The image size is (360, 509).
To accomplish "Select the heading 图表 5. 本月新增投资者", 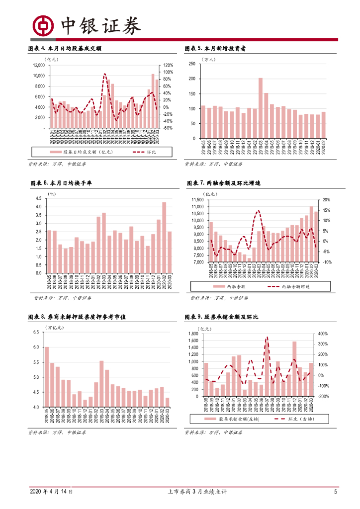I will coord(216,49).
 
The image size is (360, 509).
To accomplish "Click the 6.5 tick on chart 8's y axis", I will coord(35,332).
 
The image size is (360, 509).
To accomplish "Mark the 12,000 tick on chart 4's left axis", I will coord(38,65).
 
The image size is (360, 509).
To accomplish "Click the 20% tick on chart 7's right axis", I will coord(326,200).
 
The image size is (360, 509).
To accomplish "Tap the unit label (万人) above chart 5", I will coord(208,59).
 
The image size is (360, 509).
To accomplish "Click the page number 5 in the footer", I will coord(336,492).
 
